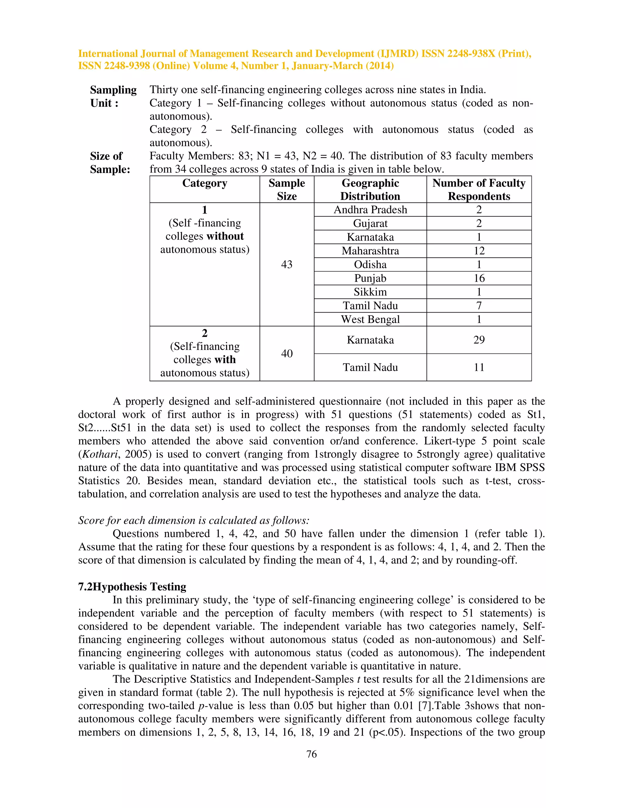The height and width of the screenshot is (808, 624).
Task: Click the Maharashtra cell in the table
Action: pyautogui.click(x=370, y=251)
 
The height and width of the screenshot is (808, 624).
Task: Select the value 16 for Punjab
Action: pyautogui.click(x=479, y=278)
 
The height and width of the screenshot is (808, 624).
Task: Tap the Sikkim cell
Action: pyautogui.click(x=370, y=292)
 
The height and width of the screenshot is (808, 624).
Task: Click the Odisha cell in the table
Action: pyautogui.click(x=370, y=265)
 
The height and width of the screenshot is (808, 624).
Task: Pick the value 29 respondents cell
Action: pyautogui.click(x=479, y=340)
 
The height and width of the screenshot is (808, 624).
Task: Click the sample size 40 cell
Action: pyautogui.click(x=286, y=353)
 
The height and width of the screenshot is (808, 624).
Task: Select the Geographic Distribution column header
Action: pyautogui.click(x=370, y=189)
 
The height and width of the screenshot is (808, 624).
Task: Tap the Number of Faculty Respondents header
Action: pyautogui.click(x=479, y=189)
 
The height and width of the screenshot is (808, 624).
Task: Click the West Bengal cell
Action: pyautogui.click(x=370, y=319)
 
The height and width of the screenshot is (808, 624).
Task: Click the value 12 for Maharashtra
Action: pyautogui.click(x=479, y=251)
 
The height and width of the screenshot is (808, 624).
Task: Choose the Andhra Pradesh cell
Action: pyautogui.click(x=370, y=210)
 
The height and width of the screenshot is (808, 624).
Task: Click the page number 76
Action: pyautogui.click(x=312, y=754)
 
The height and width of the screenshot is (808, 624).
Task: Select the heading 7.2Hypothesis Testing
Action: pyautogui.click(x=132, y=587)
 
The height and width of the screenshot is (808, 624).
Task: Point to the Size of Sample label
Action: pyautogui.click(x=110, y=163)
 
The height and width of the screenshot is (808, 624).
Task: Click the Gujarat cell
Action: pyautogui.click(x=370, y=223)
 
